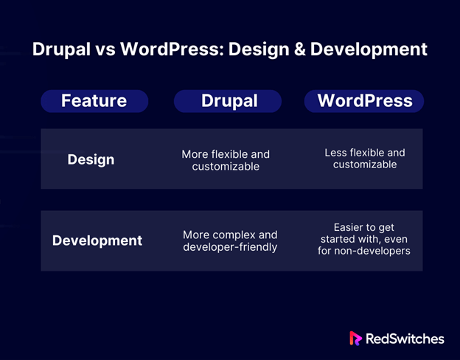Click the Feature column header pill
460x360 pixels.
94,101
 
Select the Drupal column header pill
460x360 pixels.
228,101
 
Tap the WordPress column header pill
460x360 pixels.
364,101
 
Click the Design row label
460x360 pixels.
91,160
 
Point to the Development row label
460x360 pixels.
97,240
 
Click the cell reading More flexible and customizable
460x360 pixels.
226,160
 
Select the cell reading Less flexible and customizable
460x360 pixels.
365,159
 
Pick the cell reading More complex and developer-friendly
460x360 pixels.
230,240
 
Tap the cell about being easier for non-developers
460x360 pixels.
364,239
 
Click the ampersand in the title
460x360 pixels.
299,49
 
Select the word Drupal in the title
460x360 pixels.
61,49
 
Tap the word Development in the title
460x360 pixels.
369,49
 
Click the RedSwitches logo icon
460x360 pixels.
355,339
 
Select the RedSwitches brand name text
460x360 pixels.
405,339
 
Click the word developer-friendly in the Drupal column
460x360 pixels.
230,247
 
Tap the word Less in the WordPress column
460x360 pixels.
335,153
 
